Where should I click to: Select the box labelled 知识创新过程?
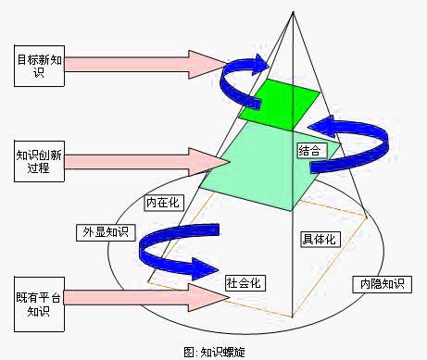tap(40, 159)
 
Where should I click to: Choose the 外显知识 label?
tap(104, 231)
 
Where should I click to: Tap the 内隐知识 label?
tap(381, 283)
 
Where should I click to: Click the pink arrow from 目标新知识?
tap(139, 64)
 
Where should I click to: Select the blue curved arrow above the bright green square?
tap(243, 74)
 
